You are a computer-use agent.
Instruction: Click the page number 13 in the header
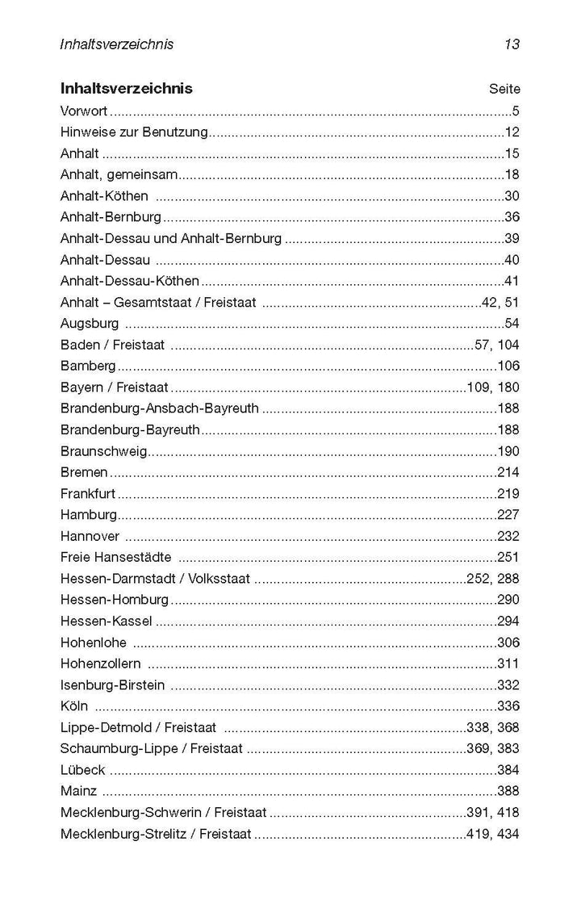512,44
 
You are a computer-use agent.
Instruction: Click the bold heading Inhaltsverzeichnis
126,89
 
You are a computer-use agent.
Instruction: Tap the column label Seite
504,90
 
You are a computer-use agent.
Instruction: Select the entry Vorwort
85,111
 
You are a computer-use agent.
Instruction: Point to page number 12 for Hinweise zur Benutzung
512,132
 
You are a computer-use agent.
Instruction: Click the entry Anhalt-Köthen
104,195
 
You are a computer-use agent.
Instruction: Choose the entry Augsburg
90,323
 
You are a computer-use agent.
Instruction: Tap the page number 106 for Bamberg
508,366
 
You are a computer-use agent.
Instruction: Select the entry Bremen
84,472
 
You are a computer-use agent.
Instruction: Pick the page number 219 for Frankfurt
508,493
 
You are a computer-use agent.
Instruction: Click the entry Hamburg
89,514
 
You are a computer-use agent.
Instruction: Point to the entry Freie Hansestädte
115,557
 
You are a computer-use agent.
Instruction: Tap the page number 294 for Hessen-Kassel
508,621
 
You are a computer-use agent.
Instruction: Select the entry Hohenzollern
100,664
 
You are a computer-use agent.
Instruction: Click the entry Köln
74,706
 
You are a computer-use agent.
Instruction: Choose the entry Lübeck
82,770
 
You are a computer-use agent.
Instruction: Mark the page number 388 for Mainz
508,791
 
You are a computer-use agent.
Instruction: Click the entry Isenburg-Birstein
112,684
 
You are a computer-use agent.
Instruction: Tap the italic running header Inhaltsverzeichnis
116,44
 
